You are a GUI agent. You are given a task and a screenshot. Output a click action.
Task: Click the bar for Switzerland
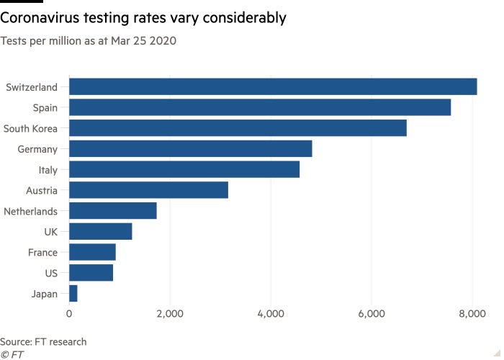click(x=273, y=86)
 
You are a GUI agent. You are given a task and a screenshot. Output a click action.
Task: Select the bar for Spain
click(x=260, y=107)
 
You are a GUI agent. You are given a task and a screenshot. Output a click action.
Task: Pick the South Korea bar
click(x=238, y=128)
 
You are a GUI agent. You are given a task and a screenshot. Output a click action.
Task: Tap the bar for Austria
click(x=148, y=191)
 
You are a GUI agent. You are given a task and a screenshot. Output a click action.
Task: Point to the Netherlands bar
click(x=113, y=211)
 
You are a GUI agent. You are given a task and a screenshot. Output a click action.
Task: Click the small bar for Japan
click(x=73, y=294)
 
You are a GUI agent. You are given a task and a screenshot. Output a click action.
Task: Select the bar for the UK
click(x=101, y=232)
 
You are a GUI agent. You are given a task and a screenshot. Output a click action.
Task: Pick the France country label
click(x=42, y=253)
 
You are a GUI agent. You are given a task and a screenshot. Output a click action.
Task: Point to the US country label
click(x=51, y=274)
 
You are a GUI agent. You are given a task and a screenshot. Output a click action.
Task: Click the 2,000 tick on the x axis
click(x=170, y=314)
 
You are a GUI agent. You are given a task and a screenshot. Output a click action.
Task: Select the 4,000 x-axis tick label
click(x=271, y=314)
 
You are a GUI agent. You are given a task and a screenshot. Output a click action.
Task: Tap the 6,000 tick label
click(x=372, y=314)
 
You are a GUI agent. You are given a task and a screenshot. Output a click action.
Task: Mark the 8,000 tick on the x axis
click(x=472, y=314)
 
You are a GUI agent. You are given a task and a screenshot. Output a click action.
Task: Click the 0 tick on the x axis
click(x=69, y=314)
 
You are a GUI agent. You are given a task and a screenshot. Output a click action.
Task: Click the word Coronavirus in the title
click(x=48, y=18)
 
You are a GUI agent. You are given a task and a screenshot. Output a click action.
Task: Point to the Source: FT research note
click(x=43, y=341)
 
